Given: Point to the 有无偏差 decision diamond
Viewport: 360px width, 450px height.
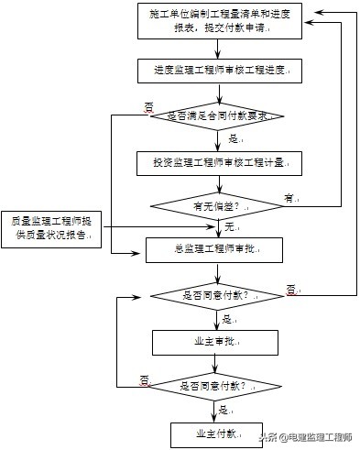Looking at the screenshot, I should (216, 206).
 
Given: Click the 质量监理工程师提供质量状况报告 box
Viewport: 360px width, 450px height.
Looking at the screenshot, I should (49, 226).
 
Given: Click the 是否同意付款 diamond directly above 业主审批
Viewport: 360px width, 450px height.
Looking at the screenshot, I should (216, 295).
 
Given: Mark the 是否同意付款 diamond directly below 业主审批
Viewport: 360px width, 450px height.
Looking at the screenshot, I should (216, 386).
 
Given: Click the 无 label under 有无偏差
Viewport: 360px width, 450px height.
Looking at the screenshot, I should (229, 226).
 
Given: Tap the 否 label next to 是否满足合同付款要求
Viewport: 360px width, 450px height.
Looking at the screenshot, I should (148, 106).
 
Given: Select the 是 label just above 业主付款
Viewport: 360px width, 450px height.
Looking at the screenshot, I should (224, 410).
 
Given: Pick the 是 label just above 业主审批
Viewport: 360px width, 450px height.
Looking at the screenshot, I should (227, 319).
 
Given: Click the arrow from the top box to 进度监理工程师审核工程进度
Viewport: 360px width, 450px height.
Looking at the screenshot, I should (216, 49).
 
